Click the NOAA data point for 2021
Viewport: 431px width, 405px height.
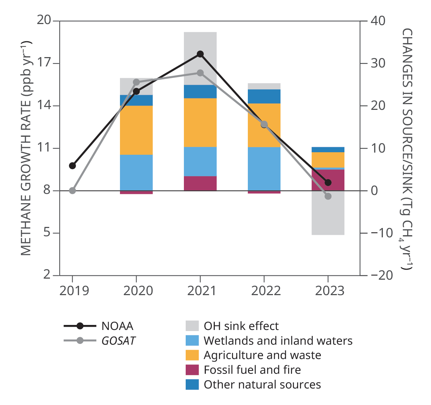point(200,54)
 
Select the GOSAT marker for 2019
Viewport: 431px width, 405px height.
point(73,190)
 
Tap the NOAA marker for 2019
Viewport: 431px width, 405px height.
point(73,166)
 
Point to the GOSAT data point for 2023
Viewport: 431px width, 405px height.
point(328,196)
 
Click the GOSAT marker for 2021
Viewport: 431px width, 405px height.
point(200,73)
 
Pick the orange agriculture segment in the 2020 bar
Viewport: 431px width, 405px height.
point(136,130)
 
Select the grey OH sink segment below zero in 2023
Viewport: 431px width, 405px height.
point(328,215)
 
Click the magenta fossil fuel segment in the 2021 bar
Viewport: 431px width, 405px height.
point(200,183)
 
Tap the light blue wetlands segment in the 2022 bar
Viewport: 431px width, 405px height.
point(264,169)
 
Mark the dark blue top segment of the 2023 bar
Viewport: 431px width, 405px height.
point(328,149)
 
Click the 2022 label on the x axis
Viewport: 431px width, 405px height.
point(265,290)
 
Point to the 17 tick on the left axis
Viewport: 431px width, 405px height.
point(44,63)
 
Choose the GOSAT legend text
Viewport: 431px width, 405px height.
point(119,341)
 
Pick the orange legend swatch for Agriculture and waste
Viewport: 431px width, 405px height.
point(192,355)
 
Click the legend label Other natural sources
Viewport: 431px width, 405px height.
point(262,385)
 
